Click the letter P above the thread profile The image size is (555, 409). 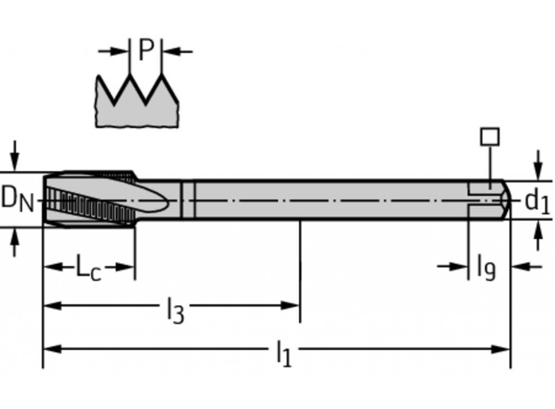click(145, 51)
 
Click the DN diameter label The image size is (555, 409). click(17, 198)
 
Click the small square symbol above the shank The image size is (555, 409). click(490, 136)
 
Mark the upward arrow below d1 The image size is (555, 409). click(537, 235)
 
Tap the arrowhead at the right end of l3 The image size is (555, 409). click(291, 305)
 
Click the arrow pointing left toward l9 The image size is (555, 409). click(524, 267)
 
